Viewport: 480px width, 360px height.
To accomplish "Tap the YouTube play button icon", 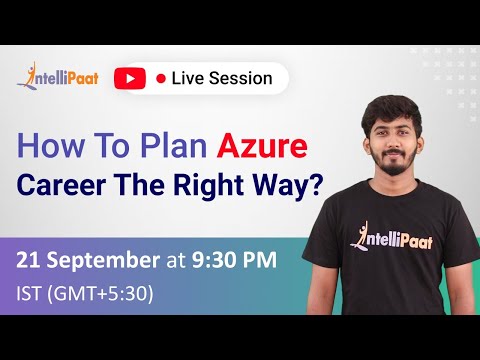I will (x=129, y=78).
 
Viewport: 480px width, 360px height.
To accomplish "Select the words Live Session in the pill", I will (x=222, y=78).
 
